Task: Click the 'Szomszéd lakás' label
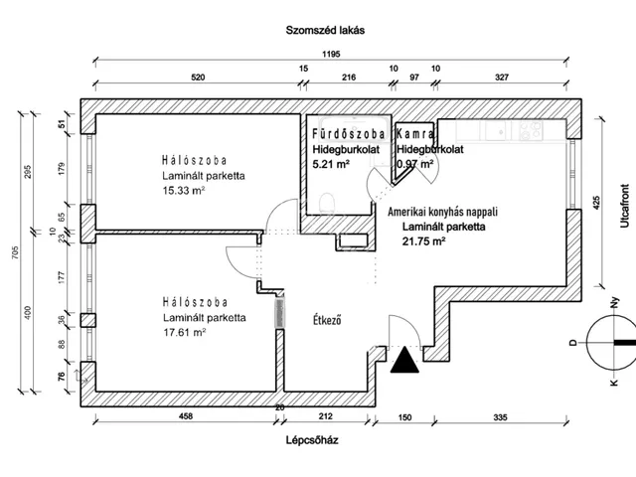tap(325, 31)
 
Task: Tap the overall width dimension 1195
tap(331, 54)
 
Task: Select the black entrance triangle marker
tap(404, 360)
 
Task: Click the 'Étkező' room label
tap(327, 320)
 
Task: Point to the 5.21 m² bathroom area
tap(331, 164)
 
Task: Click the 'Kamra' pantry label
tap(415, 133)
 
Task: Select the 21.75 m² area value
tap(424, 241)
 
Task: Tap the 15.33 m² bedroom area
tap(184, 190)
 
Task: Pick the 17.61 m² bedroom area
tap(185, 332)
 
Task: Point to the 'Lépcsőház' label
tap(312, 440)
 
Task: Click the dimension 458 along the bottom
tap(186, 416)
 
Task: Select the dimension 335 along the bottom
tap(500, 417)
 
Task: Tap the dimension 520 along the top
tap(198, 78)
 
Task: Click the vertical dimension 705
tap(15, 252)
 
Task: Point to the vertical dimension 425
tap(596, 203)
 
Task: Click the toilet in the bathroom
tap(327, 203)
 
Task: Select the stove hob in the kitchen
tap(531, 130)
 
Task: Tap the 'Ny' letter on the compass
tap(615, 302)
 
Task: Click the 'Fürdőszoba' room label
tap(349, 133)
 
